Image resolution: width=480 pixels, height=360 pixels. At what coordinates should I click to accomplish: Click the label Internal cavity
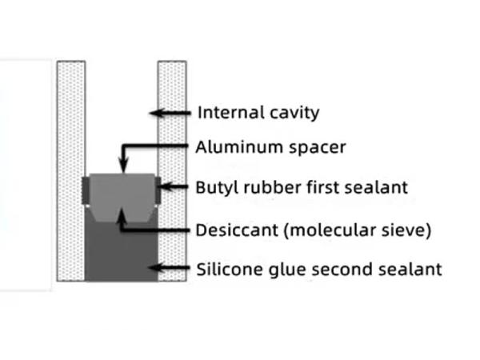tap(258, 112)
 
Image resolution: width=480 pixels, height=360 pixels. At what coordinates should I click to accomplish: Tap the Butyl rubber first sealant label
tap(302, 188)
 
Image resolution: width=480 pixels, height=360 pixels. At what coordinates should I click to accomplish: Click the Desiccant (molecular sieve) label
tap(314, 230)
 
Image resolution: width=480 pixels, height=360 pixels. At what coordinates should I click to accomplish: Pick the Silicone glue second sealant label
tap(318, 269)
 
